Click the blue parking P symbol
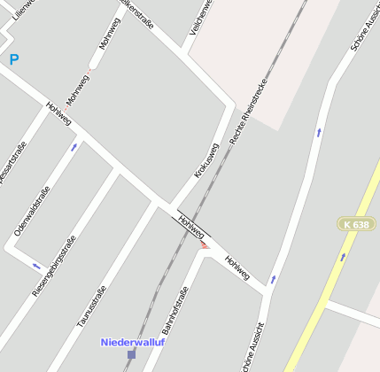click(13, 59)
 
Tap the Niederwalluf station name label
click(133, 342)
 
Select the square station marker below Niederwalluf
click(131, 354)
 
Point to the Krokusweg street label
click(206, 160)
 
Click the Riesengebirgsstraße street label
click(54, 265)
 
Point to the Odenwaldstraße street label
click(30, 210)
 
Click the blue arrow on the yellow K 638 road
click(344, 257)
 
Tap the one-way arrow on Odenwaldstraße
click(74, 147)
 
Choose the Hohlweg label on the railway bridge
click(191, 226)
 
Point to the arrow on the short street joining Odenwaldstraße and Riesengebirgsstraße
click(36, 265)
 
